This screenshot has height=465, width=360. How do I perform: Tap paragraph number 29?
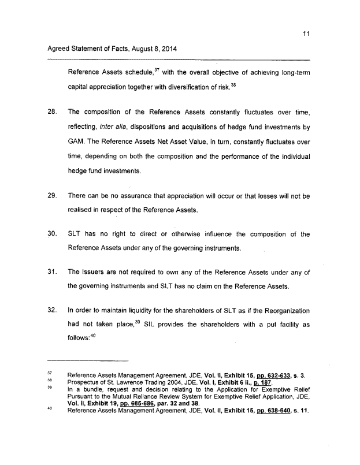pos(51,196)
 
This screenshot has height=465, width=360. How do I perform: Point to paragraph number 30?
pos(51,235)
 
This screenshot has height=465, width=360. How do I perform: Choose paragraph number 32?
pos(51,311)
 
